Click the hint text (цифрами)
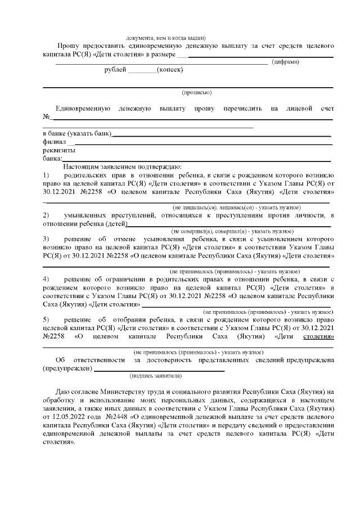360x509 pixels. coord(285,62)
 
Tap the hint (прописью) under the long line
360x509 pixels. coord(196,92)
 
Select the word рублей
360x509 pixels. coord(115,70)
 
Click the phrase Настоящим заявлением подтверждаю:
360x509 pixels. coord(121,167)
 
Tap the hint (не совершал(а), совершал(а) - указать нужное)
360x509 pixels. coord(232,232)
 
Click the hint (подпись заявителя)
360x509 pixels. coord(155,375)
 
